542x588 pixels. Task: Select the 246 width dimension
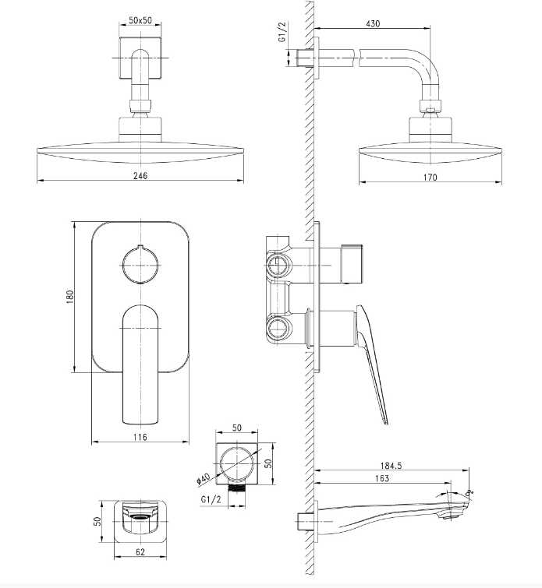tap(140, 176)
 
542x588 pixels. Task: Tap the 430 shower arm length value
tap(372, 24)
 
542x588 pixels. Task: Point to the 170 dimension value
tap(430, 177)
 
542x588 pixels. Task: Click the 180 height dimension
tap(69, 297)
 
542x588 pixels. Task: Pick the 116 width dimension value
tap(140, 438)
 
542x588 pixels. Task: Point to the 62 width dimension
tap(140, 553)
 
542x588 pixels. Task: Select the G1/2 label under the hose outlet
tap(211, 498)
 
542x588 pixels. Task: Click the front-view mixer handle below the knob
tap(141, 362)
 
